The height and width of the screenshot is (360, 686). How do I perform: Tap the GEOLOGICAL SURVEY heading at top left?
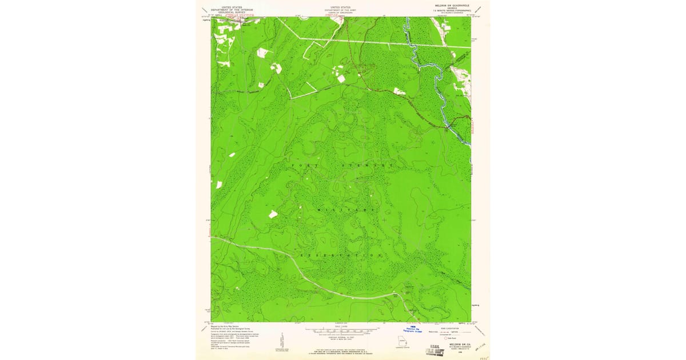point(231,12)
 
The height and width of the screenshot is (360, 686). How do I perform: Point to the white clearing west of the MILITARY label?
point(273,214)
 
